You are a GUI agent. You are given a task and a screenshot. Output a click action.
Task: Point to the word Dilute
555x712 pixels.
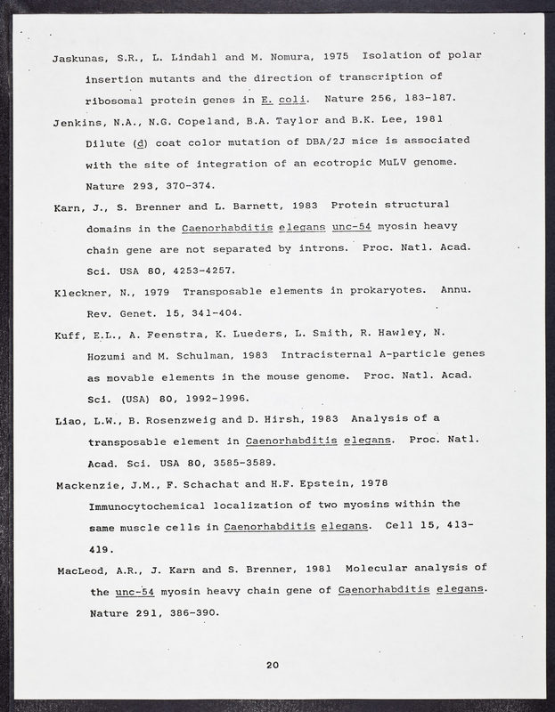pyautogui.click(x=106, y=142)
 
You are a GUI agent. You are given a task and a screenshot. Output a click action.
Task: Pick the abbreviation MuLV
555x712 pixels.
pyautogui.click(x=412, y=163)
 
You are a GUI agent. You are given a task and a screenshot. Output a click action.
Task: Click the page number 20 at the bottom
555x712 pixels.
pyautogui.click(x=273, y=665)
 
